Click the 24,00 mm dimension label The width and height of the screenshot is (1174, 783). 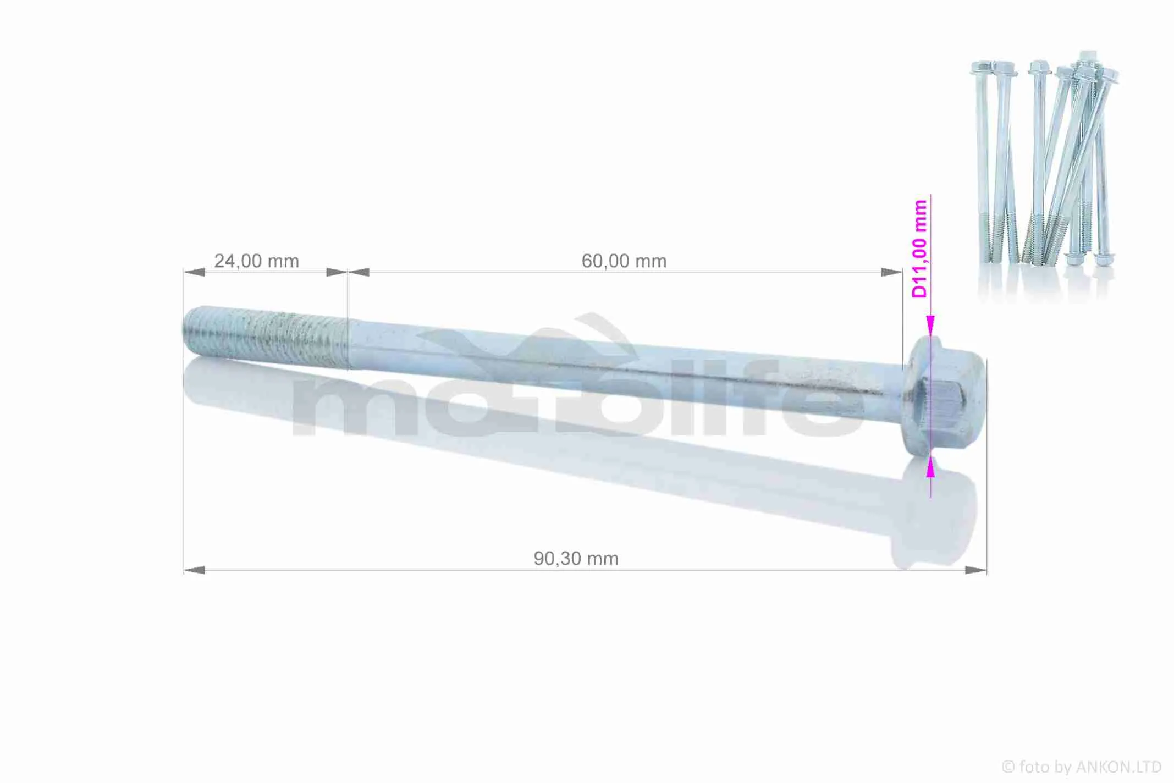(256, 261)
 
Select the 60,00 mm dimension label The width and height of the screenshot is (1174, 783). (624, 261)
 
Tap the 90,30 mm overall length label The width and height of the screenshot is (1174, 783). (576, 559)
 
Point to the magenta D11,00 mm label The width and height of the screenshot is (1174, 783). (919, 249)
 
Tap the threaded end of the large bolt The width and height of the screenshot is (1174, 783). (265, 337)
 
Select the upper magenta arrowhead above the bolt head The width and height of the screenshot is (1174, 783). (930, 326)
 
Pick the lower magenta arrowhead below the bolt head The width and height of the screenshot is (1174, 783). (930, 467)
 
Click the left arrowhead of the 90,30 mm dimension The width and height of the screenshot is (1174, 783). (194, 570)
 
